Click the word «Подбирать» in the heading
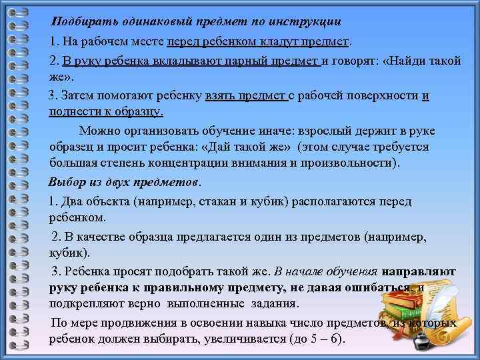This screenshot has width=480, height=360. (81, 21)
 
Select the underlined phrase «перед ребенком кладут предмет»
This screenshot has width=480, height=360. (259, 43)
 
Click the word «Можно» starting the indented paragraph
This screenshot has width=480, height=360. (98, 130)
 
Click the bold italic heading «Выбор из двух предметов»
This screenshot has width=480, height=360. (124, 182)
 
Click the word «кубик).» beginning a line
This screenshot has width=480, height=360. (69, 254)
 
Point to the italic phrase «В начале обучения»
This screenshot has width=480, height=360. (326, 271)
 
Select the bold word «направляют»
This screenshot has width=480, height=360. (419, 271)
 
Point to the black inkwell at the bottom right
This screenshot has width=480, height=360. (421, 341)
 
